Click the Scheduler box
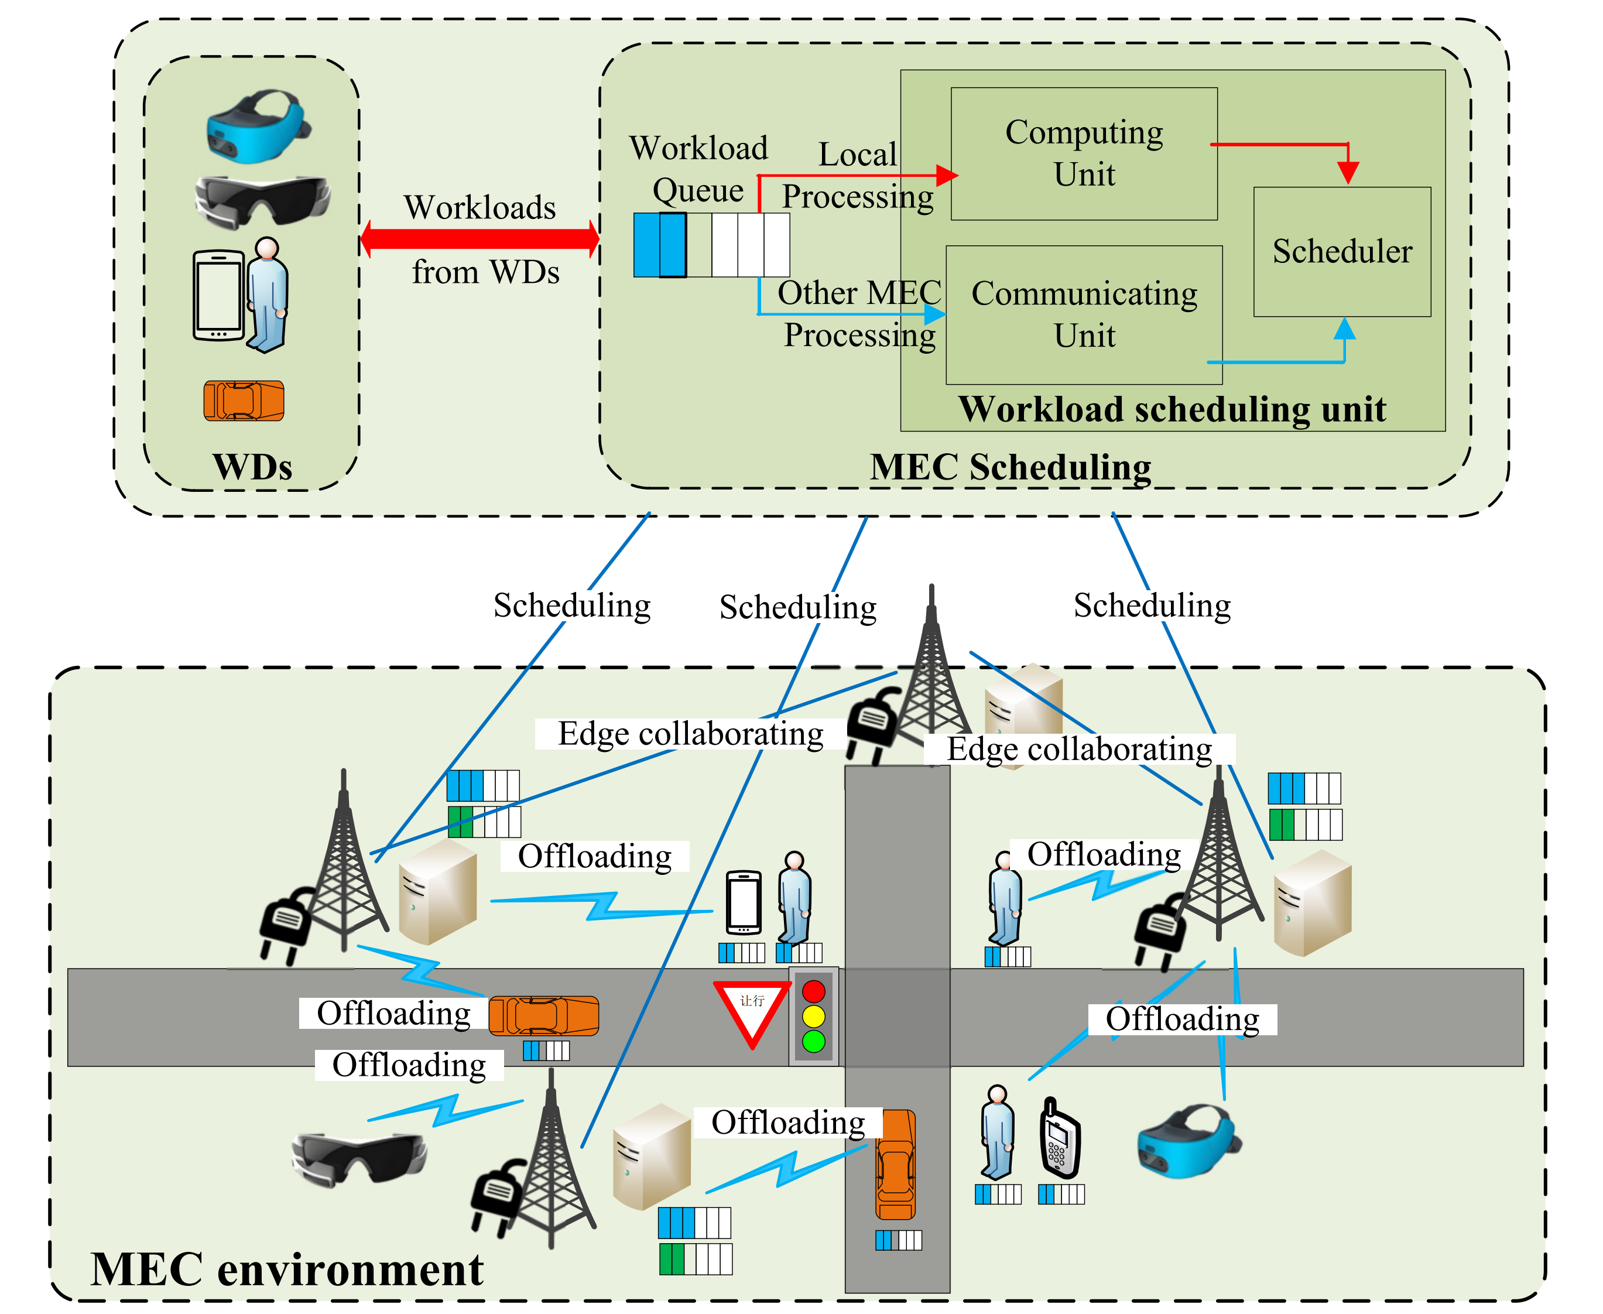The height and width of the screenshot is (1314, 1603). (x=1341, y=251)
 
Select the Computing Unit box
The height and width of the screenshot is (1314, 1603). (x=1083, y=153)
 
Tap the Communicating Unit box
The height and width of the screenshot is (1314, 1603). (x=1083, y=314)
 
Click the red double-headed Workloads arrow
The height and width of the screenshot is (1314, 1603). (x=480, y=238)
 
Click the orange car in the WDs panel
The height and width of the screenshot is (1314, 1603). (x=244, y=401)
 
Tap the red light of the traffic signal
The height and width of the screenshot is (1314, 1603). (x=814, y=991)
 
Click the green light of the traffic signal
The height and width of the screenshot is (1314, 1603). (x=814, y=1041)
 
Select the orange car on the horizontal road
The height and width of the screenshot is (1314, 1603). (x=543, y=1015)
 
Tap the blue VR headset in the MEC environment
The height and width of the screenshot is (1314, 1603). (x=1187, y=1141)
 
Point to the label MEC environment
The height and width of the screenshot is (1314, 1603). (x=286, y=1269)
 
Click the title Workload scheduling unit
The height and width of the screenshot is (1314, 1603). (x=1172, y=409)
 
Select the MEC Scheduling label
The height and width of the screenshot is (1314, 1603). (x=1011, y=467)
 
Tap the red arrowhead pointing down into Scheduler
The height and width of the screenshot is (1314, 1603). (x=1347, y=173)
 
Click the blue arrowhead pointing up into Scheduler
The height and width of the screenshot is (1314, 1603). (x=1344, y=329)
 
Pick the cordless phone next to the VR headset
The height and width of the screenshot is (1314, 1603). (x=1060, y=1139)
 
